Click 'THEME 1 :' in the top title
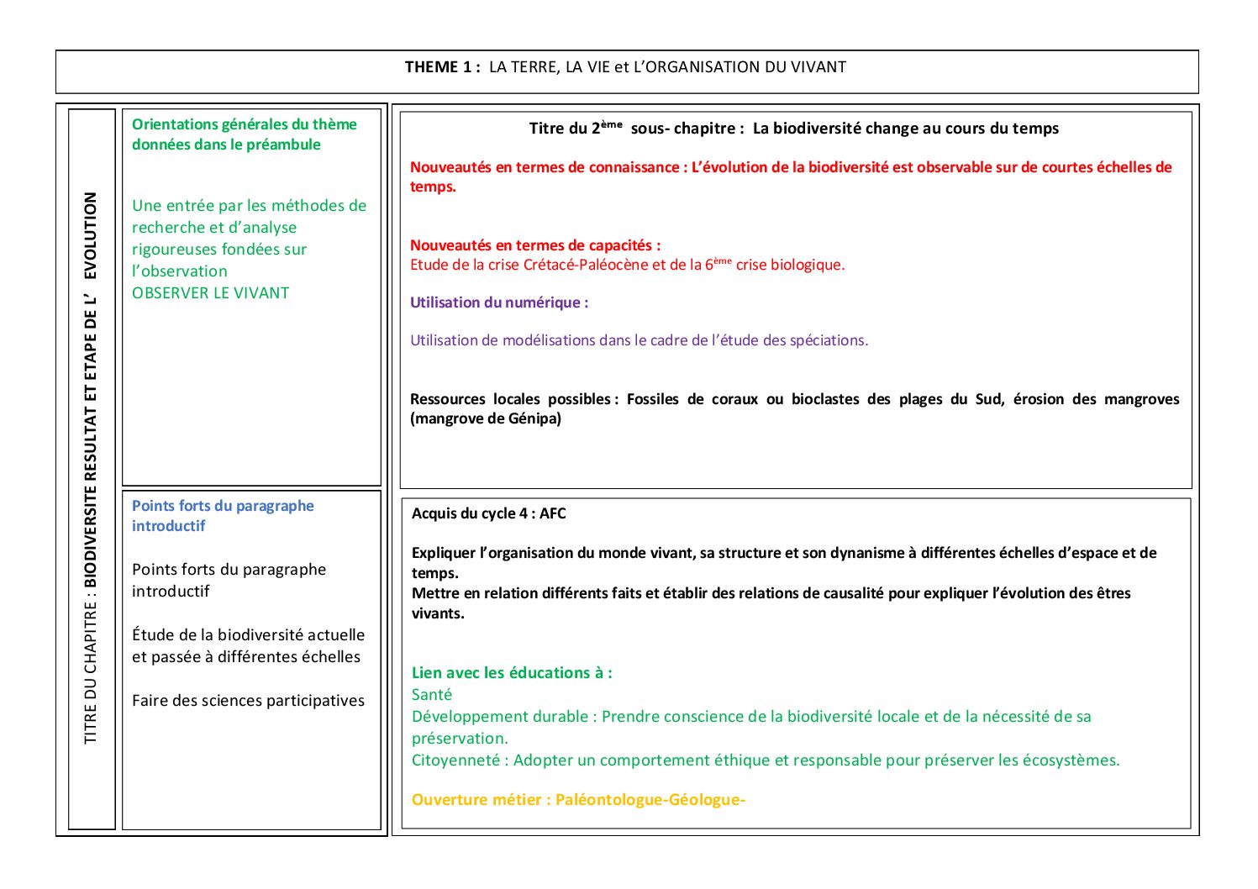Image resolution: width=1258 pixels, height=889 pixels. coord(442,67)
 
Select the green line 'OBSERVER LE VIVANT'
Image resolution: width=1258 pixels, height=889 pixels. coord(210,293)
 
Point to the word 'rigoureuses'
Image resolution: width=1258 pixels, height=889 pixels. coord(174,250)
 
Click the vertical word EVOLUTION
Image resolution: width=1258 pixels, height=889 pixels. coord(91,235)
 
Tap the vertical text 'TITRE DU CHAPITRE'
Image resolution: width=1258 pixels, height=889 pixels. coord(91,671)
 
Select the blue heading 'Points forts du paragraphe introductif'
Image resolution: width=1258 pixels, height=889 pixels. coord(222,515)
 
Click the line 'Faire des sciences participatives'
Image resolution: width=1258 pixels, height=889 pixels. coord(248,701)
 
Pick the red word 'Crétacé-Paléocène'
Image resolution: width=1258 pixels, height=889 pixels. coord(586,265)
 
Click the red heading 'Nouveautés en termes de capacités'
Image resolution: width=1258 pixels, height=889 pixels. coord(534,245)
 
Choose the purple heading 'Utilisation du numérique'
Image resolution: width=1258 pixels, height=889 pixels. coord(498,302)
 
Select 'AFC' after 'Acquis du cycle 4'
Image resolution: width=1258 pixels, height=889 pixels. coord(552,513)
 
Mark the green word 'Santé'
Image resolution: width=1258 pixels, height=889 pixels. coord(431,695)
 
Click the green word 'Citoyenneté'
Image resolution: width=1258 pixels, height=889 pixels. coord(455,760)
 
